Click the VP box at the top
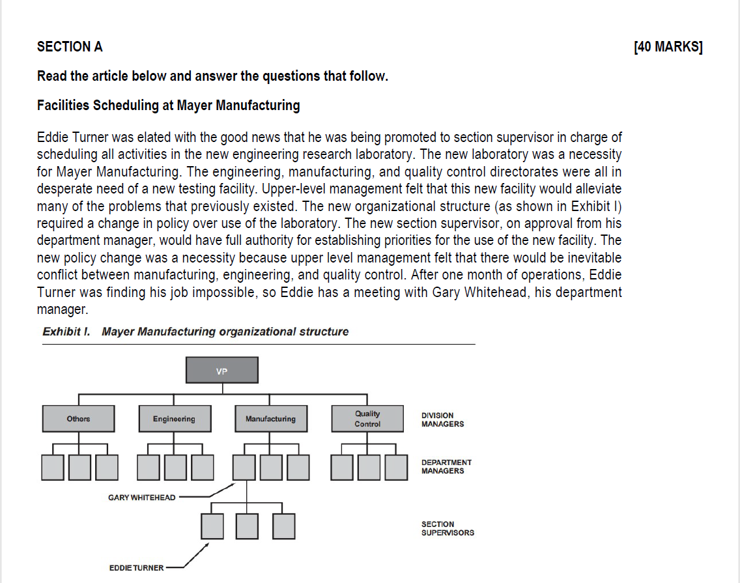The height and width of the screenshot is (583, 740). coord(222,370)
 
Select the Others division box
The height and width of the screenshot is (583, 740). coord(78,419)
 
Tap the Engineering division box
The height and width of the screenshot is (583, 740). coord(174,419)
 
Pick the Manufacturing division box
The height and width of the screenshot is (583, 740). coord(270,419)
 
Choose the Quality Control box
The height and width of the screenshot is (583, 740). coord(367,419)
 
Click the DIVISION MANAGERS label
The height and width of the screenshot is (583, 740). coord(443,419)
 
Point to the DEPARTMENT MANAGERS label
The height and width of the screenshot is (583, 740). coord(446,466)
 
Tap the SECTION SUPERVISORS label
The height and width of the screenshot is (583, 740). coord(448,528)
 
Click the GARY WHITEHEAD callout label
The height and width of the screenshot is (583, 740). coord(141,498)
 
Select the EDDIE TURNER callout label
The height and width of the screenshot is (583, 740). coord(136,568)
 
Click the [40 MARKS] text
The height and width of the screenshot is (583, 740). coord(668,47)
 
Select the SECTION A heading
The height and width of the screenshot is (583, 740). coord(70,47)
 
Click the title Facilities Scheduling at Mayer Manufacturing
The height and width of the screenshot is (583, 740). coord(168,106)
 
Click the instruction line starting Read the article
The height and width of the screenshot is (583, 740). coord(212,76)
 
